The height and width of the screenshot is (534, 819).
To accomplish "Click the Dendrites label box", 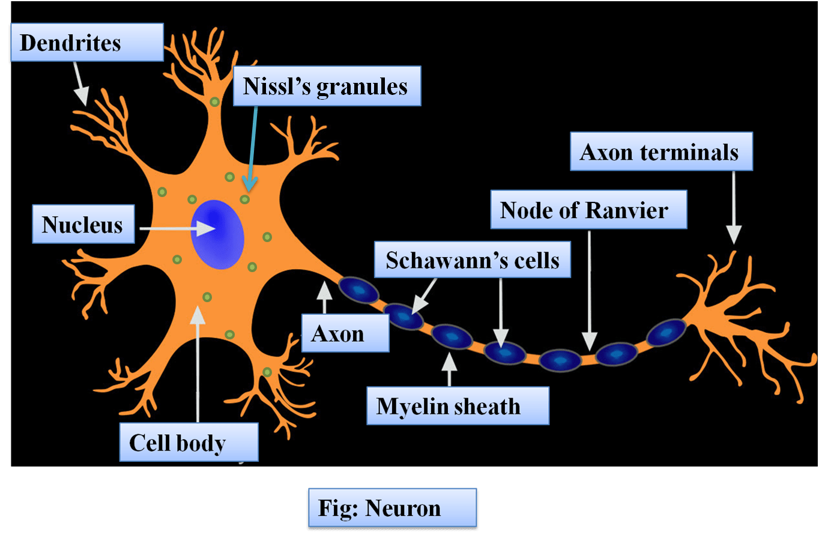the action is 87,42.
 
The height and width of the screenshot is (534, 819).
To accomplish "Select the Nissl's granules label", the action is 327,86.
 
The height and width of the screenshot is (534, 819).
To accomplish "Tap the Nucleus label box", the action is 83,224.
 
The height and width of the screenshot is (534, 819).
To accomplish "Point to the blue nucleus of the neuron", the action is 217,234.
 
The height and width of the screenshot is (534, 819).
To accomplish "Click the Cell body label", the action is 189,442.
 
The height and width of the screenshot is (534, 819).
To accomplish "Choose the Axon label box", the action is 345,333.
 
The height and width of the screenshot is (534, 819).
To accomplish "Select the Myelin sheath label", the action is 458,405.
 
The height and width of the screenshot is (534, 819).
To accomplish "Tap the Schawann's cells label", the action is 473,259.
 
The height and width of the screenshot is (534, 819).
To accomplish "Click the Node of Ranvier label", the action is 588,210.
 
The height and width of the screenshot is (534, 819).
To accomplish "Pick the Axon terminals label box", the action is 662,151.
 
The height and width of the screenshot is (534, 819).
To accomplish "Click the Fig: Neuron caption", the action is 392,508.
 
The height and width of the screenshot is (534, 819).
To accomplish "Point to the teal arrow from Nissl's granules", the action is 252,148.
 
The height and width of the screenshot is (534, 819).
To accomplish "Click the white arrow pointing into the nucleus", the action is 177,229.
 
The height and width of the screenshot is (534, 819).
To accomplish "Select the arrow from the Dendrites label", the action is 81,83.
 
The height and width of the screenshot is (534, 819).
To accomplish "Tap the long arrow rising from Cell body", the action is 198,364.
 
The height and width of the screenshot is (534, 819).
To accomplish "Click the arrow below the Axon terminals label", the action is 734,207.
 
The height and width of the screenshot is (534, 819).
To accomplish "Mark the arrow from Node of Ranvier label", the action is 590,291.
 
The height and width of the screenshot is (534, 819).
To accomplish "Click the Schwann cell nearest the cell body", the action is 358,290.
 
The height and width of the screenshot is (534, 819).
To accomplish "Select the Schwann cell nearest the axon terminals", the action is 666,332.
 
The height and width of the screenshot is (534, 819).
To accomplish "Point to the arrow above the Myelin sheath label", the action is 449,369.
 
